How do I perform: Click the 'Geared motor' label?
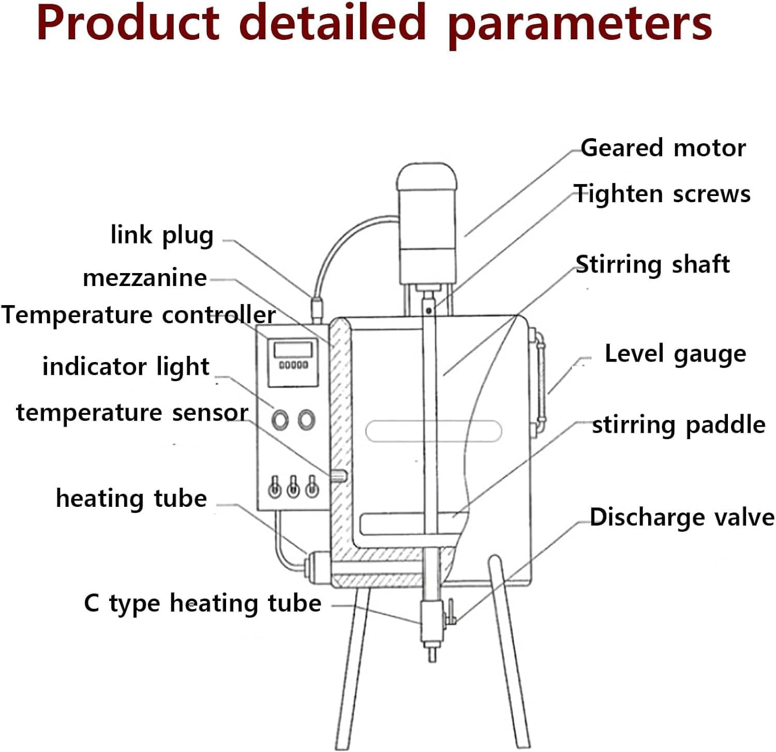pyautogui.click(x=663, y=148)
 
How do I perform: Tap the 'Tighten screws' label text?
pyautogui.click(x=662, y=194)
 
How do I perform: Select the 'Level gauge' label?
pyautogui.click(x=675, y=354)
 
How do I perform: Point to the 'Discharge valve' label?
pyautogui.click(x=682, y=517)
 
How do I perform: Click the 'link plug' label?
pyautogui.click(x=162, y=235)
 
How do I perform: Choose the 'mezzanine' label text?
pyautogui.click(x=145, y=278)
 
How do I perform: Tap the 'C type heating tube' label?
pyautogui.click(x=202, y=604)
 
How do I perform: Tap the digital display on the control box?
pyautogui.click(x=293, y=349)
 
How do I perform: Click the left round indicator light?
pyautogui.click(x=280, y=419)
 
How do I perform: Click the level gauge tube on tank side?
pyautogui.click(x=541, y=378)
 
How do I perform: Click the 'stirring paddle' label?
pyautogui.click(x=678, y=425)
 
